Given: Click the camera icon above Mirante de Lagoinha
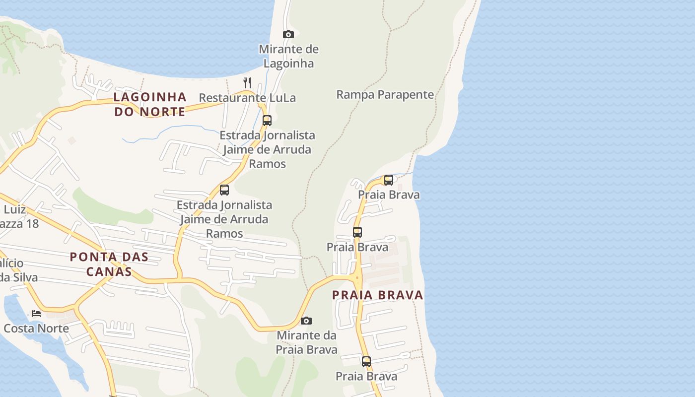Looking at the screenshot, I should pos(288,34).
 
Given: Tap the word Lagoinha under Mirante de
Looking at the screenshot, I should pos(288,64).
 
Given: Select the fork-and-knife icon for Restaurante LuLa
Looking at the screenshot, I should pos(247,82).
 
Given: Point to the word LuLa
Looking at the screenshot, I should pos(281,98).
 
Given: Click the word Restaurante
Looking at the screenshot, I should pos(232,98).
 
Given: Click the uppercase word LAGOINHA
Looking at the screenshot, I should pos(150,97).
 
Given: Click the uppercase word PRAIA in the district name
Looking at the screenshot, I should pos(352,295).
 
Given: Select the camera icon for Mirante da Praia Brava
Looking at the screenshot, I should pos(306,321).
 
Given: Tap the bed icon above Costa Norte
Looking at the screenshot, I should pos(36,313).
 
